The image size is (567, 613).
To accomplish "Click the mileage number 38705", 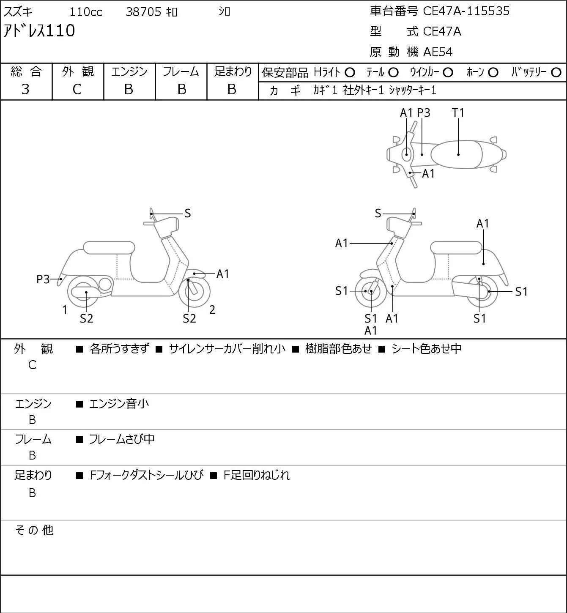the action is point(143,12).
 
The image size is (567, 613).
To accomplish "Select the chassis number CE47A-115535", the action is point(466,11).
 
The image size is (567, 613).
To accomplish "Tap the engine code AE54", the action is point(438,52).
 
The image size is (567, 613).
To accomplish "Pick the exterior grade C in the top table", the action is point(77,90).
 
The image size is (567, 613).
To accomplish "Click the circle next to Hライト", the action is point(350,73).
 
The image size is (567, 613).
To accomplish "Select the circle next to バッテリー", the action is point(556,73).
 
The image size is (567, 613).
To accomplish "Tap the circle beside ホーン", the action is point(493,73).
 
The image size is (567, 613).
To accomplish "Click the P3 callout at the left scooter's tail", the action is point(43,279).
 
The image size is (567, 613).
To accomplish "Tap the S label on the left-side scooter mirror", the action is point(187,213).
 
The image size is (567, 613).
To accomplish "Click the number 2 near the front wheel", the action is point(212,309).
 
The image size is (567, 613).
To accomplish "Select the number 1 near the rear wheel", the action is point(65,309).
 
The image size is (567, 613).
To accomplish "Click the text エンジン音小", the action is point(119,404).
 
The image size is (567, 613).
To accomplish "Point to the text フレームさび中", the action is point(122,439).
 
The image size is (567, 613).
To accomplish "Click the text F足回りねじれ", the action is point(257,475).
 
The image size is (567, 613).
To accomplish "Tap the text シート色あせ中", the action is point(427,348).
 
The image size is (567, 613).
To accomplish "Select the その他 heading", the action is point(34,530).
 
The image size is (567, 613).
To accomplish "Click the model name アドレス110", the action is point(39,31).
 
